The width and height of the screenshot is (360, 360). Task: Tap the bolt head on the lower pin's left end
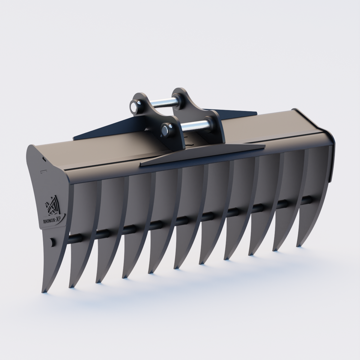tap(165, 130)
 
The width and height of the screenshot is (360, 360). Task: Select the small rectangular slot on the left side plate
tap(44, 171)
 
